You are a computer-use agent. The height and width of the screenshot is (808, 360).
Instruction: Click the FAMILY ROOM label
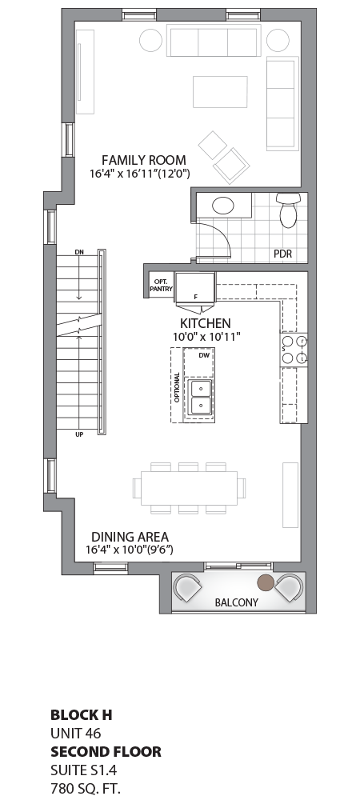(143, 160)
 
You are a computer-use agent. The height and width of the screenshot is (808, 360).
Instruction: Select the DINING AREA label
(130, 537)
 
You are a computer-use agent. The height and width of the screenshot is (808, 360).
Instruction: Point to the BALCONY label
(236, 602)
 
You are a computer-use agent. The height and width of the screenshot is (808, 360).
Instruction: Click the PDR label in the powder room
(282, 254)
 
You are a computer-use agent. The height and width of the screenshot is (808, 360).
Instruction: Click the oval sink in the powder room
(223, 205)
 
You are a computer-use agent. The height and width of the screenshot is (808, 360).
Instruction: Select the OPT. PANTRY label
(161, 285)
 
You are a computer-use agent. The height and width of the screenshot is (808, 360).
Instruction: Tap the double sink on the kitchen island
(198, 397)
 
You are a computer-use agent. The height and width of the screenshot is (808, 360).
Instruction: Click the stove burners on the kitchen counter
(294, 350)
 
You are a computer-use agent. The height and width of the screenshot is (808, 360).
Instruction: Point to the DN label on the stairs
(78, 253)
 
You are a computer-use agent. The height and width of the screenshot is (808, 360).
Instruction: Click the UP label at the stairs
(79, 434)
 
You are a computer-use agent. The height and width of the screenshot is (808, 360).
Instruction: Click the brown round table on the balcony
(265, 581)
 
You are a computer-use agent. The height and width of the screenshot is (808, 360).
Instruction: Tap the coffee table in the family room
(220, 92)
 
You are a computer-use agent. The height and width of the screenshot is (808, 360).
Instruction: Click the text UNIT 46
(76, 733)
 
